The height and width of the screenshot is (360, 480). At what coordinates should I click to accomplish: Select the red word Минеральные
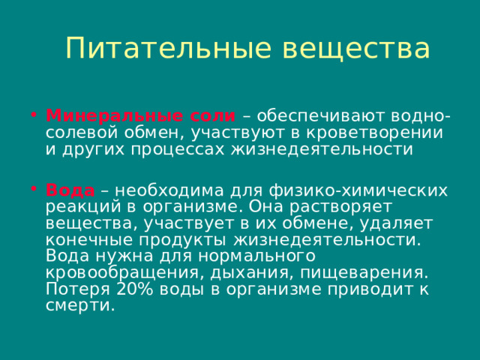[102, 116]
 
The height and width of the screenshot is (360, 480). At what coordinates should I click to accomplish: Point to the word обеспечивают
[319, 116]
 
